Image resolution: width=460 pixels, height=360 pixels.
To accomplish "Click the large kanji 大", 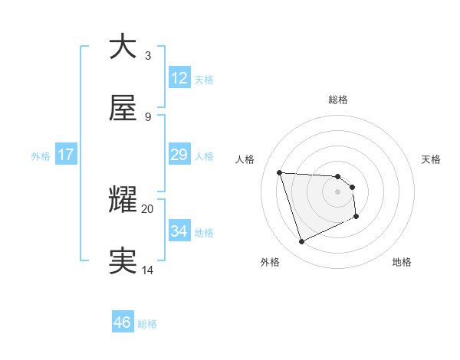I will pos(123,47).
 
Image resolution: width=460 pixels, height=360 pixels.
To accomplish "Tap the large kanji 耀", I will pos(123,200).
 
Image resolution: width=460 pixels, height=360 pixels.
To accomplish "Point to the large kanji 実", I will pos(123,261).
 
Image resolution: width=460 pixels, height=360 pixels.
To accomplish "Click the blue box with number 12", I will pos(179,78).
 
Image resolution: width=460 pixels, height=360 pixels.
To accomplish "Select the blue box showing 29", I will pos(179,155).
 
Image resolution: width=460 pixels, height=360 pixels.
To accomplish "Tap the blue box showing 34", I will pos(179,232).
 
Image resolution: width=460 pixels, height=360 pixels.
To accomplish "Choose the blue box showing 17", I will pos(66,155).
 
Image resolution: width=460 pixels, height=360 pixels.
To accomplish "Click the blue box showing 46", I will pos(122,322).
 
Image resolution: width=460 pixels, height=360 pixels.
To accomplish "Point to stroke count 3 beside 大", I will pos(148,55).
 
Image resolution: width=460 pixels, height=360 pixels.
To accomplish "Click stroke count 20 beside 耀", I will pos(148,208).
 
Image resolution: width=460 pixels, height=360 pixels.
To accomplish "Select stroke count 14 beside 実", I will pos(148,270).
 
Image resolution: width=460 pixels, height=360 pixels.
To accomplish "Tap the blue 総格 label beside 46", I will pos(147,324).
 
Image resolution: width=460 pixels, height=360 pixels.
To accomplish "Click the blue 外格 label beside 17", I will pos(41,156).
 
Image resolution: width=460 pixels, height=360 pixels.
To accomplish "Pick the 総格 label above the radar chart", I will pos(338,100).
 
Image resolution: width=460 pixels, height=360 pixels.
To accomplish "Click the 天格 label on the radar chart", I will pos(432,159).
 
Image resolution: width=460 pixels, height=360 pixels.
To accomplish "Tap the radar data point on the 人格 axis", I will pos(280,172).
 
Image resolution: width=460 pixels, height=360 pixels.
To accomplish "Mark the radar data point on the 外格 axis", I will pos(301,242).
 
